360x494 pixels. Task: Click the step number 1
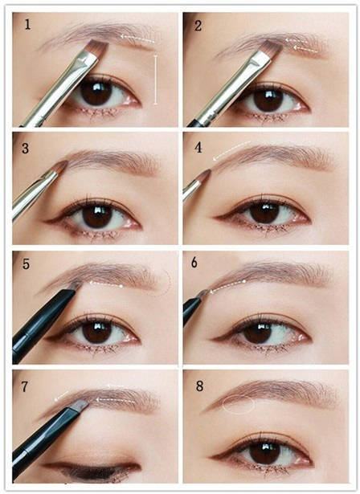pos(27,25)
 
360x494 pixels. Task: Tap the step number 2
pos(198,26)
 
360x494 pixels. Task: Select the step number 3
pos(25,148)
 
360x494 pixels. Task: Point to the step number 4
pos(198,148)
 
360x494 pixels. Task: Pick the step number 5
pos(26,264)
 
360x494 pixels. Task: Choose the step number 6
pos(194,263)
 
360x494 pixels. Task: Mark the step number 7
pos(25,386)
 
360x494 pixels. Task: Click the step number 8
pos(199,386)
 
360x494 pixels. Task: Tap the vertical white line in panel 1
pos(155,80)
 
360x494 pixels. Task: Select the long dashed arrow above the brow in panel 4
pos(231,150)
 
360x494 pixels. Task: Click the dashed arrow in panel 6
pos(227,285)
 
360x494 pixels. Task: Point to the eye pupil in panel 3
pos(97,216)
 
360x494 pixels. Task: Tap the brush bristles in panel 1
pos(98,48)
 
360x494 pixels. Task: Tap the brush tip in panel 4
pos(205,175)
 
